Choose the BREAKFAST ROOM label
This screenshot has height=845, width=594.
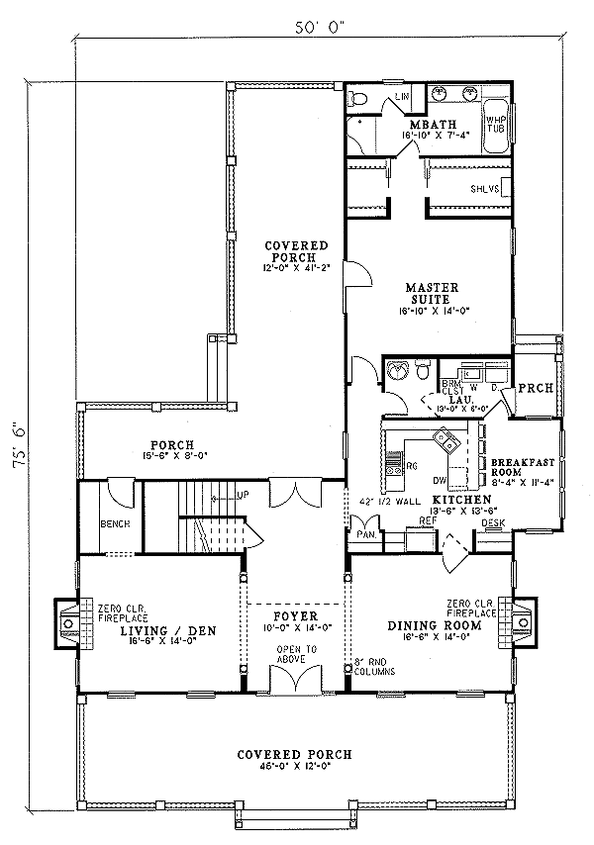coord(528,467)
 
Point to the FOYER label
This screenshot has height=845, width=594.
coord(295,614)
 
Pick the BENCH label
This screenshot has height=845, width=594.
coord(111,523)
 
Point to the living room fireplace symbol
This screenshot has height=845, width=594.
coord(68,624)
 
